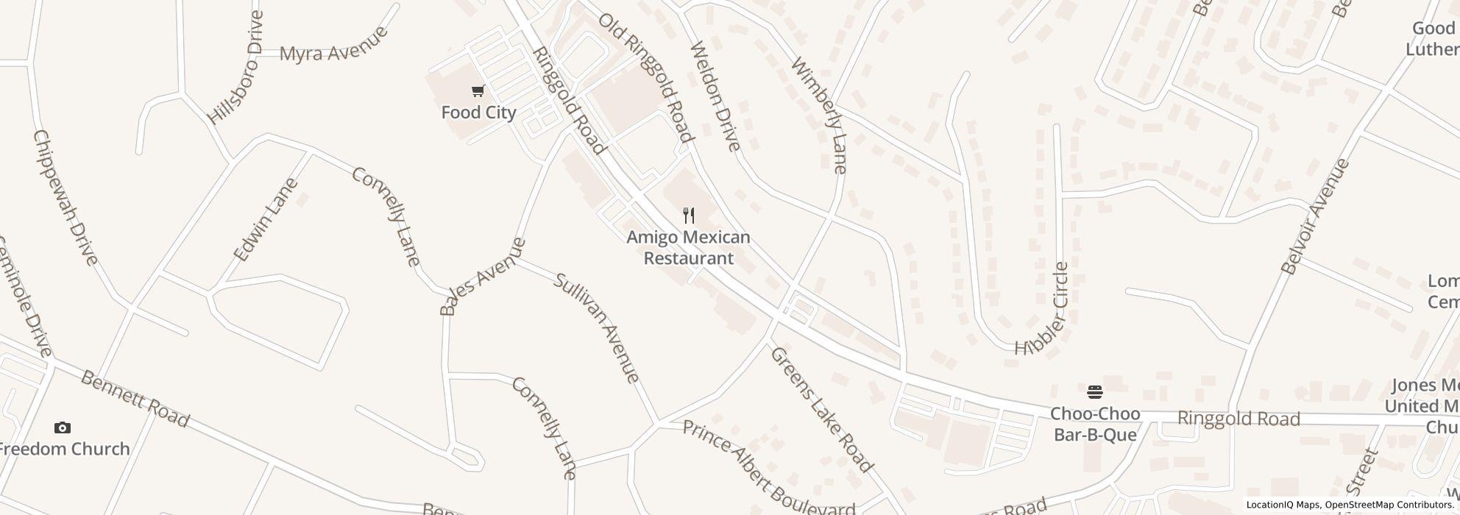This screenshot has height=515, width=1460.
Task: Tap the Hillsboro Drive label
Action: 235,68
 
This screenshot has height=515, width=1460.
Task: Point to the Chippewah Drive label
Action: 65,197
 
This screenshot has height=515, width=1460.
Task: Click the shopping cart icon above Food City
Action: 478,91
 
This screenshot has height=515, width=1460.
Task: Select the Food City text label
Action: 478,113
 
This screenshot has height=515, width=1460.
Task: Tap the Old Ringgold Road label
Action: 645,77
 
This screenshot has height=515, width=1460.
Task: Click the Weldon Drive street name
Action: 715,96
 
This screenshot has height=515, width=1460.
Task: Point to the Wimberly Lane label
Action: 819,115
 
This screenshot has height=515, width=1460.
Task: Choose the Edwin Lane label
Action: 266,219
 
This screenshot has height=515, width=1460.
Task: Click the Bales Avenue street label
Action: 483,277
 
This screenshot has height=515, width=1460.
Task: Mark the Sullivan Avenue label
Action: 597,328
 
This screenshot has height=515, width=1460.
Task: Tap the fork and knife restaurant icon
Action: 689,216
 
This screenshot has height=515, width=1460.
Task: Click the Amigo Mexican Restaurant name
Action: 689,248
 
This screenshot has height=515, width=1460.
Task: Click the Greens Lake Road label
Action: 821,409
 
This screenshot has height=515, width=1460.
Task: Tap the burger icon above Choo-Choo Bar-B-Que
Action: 1095,391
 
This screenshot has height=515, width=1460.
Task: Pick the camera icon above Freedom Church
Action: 63,428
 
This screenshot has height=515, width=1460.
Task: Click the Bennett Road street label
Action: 135,399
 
